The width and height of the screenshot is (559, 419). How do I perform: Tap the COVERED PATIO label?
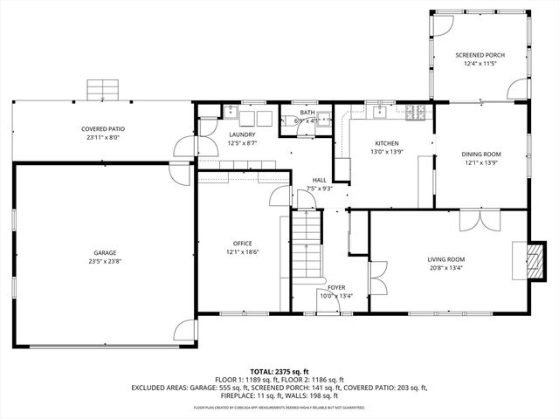[102, 129]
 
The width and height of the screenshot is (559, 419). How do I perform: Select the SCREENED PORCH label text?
[480, 55]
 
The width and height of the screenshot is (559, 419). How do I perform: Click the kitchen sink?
[383, 112]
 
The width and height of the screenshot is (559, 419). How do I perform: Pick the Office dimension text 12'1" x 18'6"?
[242, 252]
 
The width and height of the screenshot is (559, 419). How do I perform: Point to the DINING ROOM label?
[480, 154]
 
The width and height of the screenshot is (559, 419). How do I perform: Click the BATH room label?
[307, 113]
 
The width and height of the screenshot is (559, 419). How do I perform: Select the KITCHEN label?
[387, 143]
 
